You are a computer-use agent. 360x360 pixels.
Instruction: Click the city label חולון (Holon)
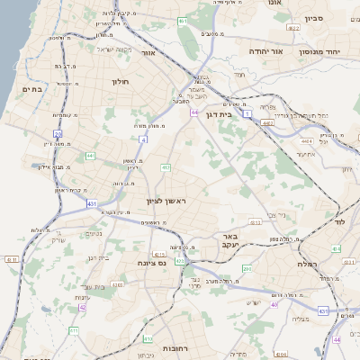[121, 81]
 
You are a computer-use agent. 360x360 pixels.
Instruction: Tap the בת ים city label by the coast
[32, 89]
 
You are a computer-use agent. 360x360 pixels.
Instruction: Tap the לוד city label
[339, 220]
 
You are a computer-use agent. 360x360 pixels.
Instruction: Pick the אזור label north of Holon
[148, 53]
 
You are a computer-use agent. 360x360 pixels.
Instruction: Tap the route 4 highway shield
[143, 139]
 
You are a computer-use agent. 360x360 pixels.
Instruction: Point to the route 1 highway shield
[246, 112]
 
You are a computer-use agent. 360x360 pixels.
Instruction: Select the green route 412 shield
[166, 167]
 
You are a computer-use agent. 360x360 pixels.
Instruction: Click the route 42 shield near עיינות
[83, 307]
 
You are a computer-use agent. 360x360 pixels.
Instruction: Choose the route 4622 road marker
[293, 28]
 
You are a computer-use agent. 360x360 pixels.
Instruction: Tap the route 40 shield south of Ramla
[274, 305]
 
